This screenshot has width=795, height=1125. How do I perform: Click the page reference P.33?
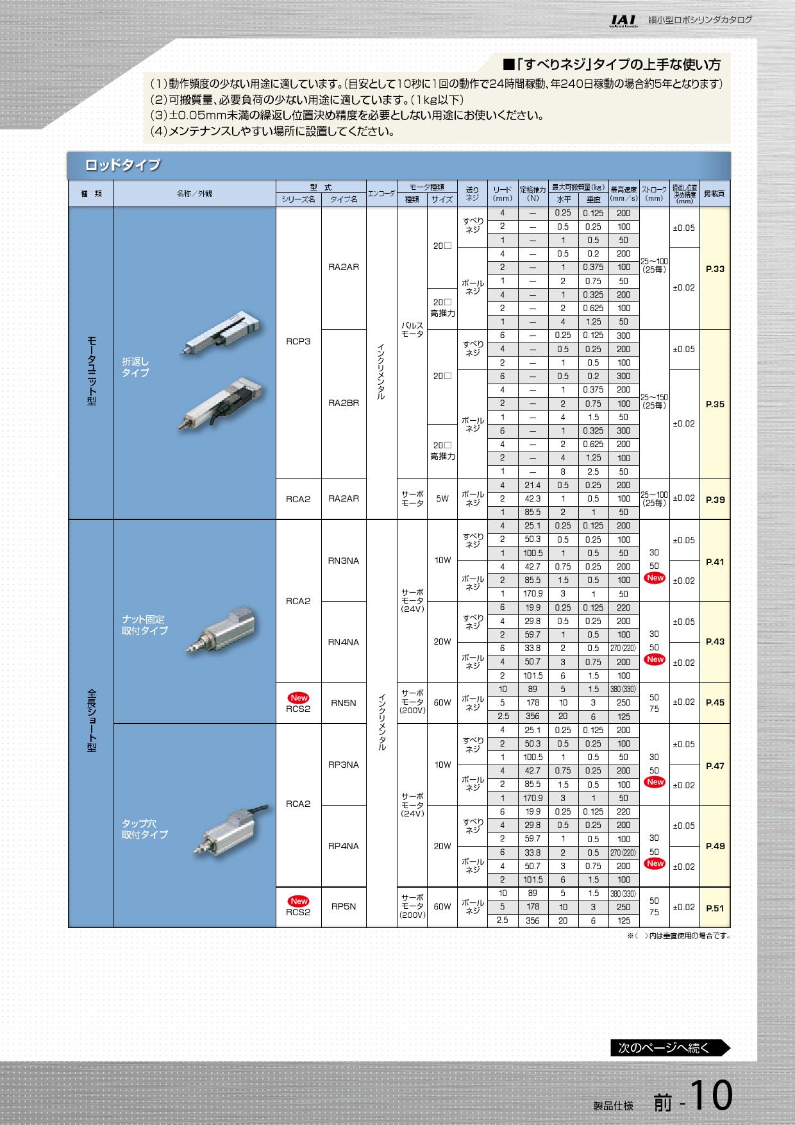click(x=715, y=269)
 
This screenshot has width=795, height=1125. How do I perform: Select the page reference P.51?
click(x=715, y=908)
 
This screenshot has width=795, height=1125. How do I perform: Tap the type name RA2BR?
click(x=344, y=403)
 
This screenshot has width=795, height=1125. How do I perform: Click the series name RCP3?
click(x=298, y=342)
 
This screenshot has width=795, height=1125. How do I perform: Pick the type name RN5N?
click(x=344, y=703)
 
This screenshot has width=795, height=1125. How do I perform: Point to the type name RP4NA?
click(x=344, y=846)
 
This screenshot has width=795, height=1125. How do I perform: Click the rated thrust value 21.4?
click(x=533, y=485)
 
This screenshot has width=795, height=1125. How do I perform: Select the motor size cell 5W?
click(x=442, y=498)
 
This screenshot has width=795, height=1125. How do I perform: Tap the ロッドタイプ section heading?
click(x=122, y=165)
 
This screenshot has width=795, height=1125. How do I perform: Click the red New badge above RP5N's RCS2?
click(x=299, y=901)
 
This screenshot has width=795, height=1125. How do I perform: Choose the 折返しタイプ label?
click(x=135, y=367)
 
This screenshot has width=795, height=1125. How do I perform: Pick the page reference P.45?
click(x=715, y=702)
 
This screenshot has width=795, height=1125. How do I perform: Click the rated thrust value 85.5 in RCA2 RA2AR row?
click(x=533, y=512)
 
